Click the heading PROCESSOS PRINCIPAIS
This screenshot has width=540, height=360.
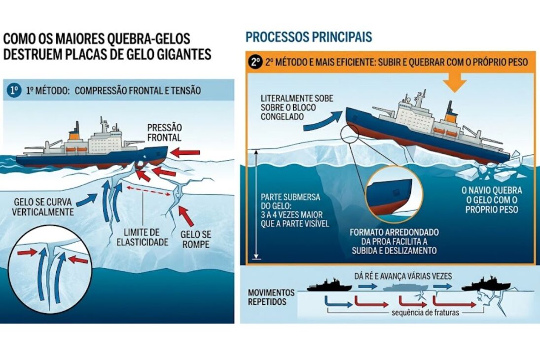(x=309, y=37)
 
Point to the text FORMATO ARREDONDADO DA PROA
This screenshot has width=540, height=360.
(x=394, y=241)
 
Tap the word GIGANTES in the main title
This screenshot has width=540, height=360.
(x=181, y=54)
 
